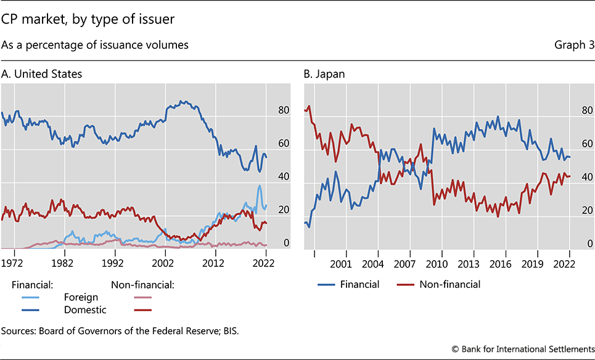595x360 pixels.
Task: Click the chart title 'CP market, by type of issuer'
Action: (x=88, y=20)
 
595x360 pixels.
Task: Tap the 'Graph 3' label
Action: (x=575, y=45)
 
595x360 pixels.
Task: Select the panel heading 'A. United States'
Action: (x=41, y=74)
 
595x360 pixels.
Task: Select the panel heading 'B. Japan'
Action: (x=324, y=74)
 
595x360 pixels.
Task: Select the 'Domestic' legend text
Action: (x=85, y=309)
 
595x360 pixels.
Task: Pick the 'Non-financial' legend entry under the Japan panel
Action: (x=449, y=284)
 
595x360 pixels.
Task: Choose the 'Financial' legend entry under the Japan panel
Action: (x=361, y=284)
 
